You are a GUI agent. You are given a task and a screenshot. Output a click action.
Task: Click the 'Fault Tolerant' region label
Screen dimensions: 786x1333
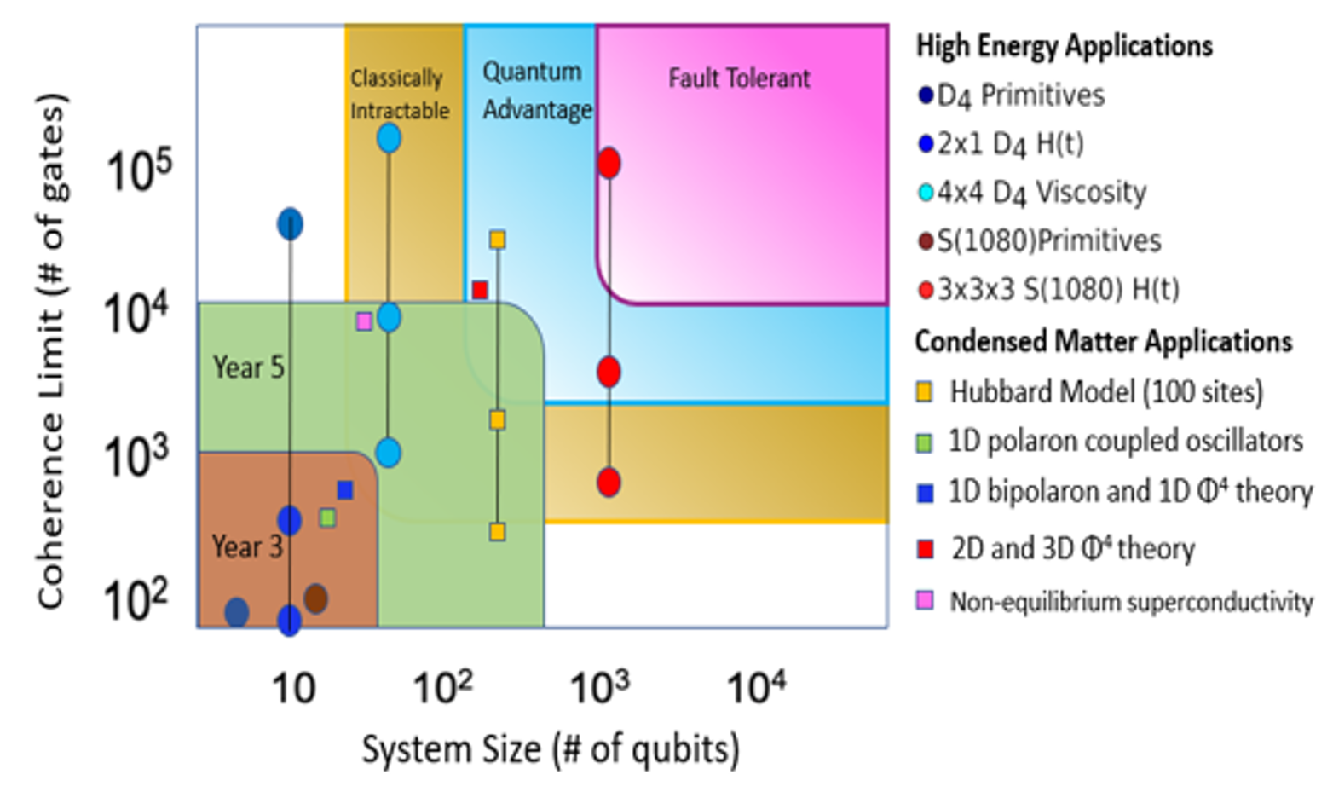(739, 79)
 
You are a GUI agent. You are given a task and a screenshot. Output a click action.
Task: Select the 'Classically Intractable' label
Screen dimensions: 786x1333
(399, 95)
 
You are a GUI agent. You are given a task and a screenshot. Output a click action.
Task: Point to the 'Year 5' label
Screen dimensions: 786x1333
(248, 367)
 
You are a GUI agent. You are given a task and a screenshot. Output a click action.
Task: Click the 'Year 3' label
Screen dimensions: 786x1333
(247, 546)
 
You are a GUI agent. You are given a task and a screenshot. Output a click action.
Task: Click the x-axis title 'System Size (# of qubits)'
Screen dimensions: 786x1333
(551, 750)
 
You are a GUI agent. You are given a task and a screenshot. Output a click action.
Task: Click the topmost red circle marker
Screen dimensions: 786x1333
(609, 163)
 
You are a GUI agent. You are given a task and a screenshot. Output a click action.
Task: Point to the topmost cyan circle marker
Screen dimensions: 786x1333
(390, 138)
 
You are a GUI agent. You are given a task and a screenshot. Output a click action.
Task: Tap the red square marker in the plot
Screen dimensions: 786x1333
(480, 290)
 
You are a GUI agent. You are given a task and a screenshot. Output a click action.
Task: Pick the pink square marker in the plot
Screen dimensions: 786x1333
(364, 321)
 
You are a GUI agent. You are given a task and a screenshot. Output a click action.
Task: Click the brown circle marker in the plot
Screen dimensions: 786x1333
(315, 598)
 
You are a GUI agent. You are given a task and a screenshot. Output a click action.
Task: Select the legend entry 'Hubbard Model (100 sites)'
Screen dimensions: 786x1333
(1105, 392)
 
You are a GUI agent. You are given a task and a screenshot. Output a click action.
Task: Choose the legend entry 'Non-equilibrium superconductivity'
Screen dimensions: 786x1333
(1130, 602)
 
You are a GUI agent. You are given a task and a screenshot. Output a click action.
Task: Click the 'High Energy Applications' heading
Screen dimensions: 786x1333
(1065, 45)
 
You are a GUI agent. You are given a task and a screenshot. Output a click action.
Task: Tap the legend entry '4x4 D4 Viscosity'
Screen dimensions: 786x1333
(1042, 193)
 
